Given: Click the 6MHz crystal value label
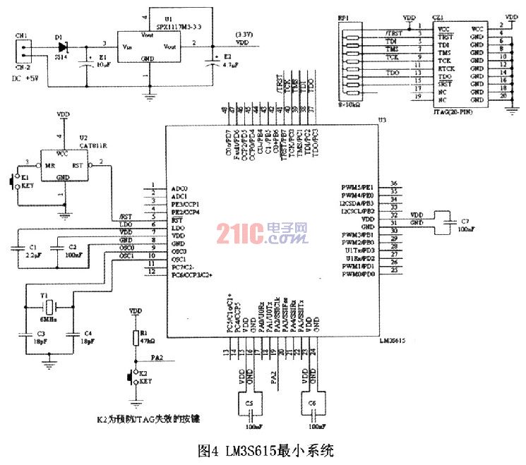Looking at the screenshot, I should [x=47, y=319].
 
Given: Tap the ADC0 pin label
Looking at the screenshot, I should [x=179, y=189].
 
